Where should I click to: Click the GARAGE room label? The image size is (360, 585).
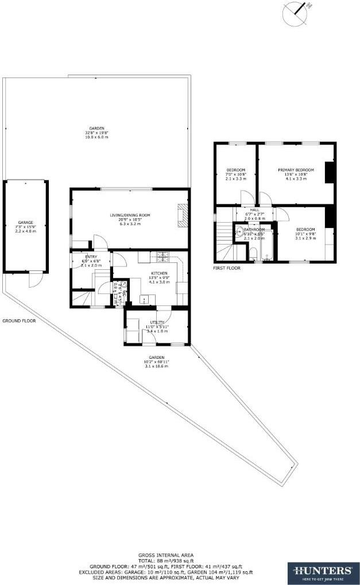coord(25,222)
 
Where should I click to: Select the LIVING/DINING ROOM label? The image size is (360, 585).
coord(130,215)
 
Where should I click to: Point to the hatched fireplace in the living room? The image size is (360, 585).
coord(183,215)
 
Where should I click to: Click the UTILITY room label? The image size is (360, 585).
coord(157,323)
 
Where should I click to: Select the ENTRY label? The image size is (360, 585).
coord(91,256)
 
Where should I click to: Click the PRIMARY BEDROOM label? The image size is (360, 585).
coord(296,170)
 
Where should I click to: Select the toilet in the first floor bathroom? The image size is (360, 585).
coord(252,255)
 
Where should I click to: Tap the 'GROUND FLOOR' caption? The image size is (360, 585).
coord(19,321)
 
